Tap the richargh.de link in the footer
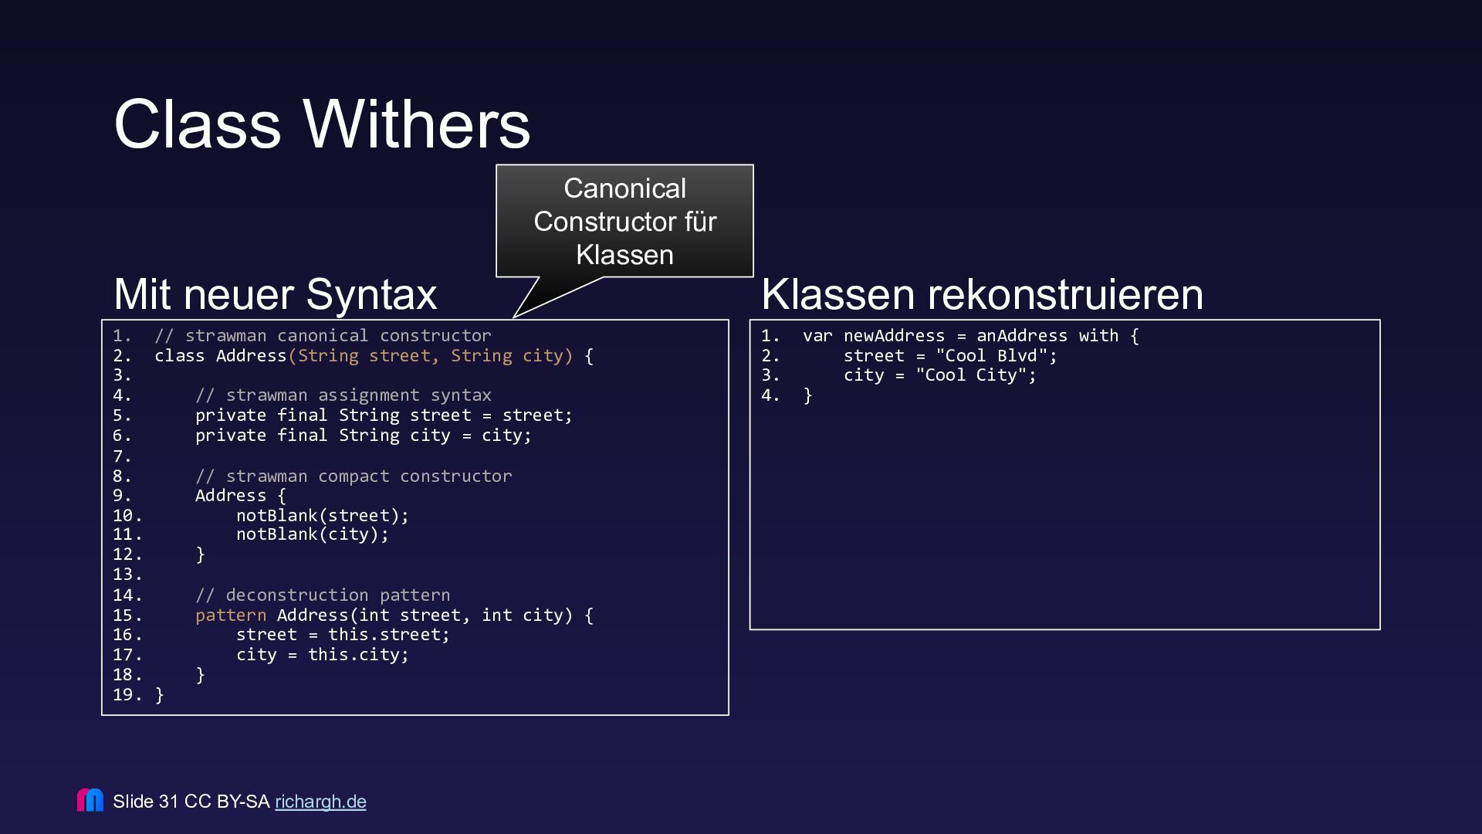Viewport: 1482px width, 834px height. point(320,802)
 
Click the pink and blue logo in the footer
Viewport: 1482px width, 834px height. point(90,800)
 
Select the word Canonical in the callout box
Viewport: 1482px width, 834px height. point(624,188)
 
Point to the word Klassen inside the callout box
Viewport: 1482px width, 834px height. point(624,255)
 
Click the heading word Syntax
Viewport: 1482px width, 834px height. point(371,295)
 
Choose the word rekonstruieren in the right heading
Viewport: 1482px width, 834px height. point(1065,295)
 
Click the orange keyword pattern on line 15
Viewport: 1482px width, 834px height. point(230,615)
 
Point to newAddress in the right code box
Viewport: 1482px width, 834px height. point(894,336)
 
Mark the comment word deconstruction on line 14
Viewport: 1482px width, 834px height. point(296,595)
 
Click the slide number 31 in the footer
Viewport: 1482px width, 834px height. point(168,802)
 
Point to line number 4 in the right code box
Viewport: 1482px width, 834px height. point(770,395)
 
